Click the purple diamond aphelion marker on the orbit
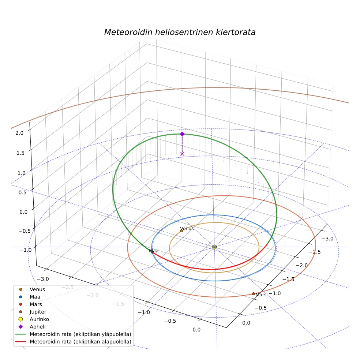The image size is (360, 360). tap(182, 134)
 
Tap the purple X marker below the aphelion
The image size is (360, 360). tap(182, 154)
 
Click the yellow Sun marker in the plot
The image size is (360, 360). tap(214, 247)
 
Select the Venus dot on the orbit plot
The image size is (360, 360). tap(181, 231)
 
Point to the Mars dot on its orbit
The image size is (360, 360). tap(254, 294)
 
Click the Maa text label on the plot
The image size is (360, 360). tap(154, 251)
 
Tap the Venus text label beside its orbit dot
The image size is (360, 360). tap(187, 228)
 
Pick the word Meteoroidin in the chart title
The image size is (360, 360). tap(128, 32)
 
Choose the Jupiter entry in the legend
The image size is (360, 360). tap(38, 312)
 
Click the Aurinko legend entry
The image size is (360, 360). tap(39, 319)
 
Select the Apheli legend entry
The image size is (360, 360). tap(38, 327)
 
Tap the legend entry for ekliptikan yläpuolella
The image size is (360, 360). tap(80, 334)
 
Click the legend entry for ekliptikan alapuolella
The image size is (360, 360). tap(80, 342)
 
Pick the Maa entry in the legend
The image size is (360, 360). tap(35, 297)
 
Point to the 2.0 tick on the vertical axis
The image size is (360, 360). tap(19, 133)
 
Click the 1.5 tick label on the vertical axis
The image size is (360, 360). tap(20, 153)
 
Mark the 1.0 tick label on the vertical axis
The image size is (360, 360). tap(22, 173)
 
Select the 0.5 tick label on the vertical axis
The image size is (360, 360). tap(23, 192)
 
